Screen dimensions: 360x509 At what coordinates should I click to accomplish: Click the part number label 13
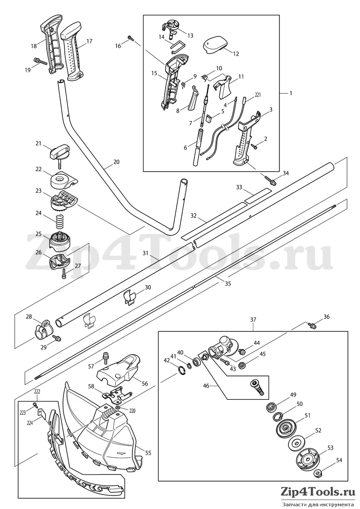[190, 36]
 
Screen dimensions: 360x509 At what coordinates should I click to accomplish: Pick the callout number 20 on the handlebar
[116, 161]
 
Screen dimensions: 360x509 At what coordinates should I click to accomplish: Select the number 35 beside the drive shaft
[228, 283]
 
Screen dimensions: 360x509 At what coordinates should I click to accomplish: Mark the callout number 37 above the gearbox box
[253, 320]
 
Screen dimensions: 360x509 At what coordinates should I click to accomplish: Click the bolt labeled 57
[104, 357]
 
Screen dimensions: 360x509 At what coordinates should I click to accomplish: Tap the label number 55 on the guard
[148, 452]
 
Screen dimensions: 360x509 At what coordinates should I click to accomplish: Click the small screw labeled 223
[36, 405]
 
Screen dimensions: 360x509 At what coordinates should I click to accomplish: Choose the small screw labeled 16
[131, 38]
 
